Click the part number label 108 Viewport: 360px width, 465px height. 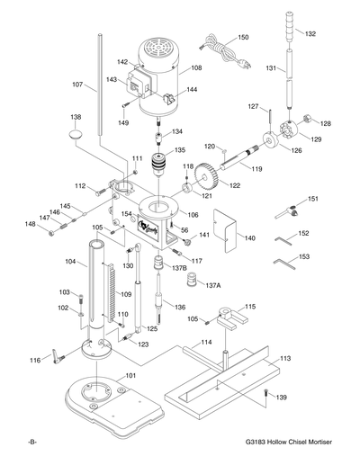[196, 67]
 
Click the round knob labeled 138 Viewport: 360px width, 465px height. [72, 134]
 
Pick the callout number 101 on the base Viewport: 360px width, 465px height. [130, 375]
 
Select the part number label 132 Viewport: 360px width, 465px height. [310, 33]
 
